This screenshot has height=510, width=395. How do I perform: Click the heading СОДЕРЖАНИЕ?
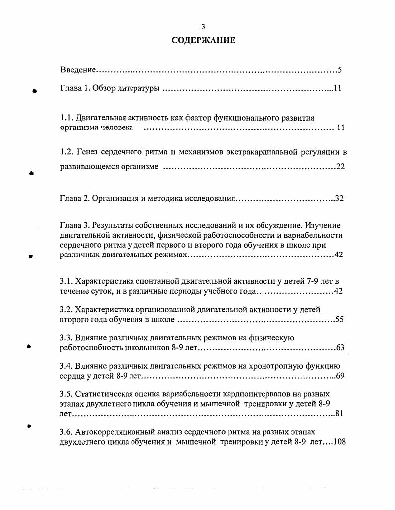[x=203, y=40]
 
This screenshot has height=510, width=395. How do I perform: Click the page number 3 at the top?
[x=203, y=27]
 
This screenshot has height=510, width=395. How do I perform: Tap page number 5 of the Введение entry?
[x=339, y=70]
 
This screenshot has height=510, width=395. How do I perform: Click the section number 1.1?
[x=67, y=118]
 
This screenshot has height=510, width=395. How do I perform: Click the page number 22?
[x=340, y=167]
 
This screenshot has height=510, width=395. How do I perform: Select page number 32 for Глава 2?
[x=339, y=198]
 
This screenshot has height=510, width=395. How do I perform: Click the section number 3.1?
[x=66, y=282]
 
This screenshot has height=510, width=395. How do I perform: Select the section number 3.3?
[x=66, y=338]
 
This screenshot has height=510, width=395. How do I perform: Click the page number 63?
[x=340, y=348]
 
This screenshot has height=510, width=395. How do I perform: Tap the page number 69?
[x=340, y=376]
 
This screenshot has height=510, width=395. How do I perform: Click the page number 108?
[x=337, y=441]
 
